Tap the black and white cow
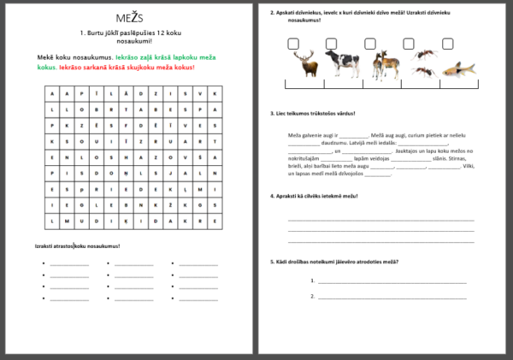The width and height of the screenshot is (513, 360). [x=345, y=64]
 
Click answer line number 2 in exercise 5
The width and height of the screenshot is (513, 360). [x=394, y=298]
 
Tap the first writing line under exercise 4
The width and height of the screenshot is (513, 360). [x=380, y=220]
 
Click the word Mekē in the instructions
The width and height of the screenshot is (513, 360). [x=47, y=57]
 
